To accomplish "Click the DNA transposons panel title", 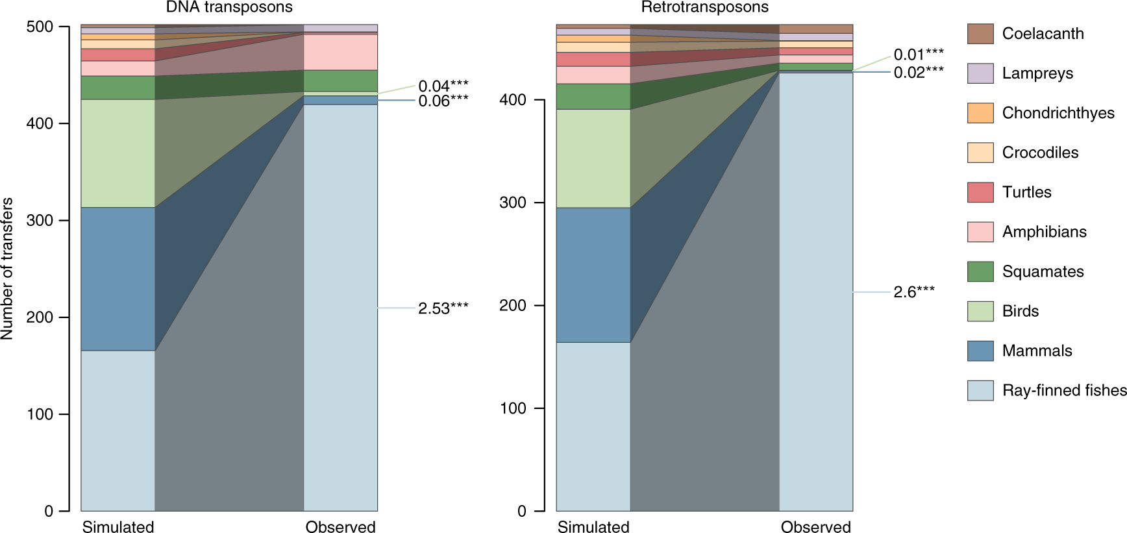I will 229,7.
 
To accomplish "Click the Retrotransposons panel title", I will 704,7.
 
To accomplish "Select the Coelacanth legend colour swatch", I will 980,34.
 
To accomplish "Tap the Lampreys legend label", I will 1037,73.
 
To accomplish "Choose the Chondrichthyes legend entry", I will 1058,113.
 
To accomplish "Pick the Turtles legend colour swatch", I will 980,192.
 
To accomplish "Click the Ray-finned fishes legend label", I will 1063,390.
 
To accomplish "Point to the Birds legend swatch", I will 980,311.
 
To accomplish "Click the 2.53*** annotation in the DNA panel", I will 443,308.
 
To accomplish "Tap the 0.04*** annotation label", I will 443,86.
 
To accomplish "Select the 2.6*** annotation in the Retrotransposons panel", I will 913,292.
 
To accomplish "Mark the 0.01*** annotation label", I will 918,55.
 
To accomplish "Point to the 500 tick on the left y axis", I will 40,27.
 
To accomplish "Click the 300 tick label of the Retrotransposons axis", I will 513,203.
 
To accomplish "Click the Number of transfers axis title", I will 7,268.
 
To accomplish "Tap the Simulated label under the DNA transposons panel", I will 118,527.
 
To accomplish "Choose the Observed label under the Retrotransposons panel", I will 815,527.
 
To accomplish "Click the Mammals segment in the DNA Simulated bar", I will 118,279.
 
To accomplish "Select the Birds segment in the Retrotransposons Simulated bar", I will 593,158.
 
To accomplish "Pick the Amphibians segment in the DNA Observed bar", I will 340,52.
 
